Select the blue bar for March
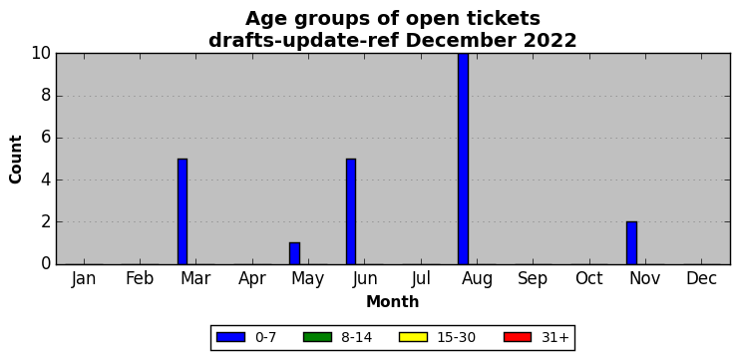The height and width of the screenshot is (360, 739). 183,211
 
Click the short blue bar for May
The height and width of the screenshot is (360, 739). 294,253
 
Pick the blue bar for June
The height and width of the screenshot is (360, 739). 351,211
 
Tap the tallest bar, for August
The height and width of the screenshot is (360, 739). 464,159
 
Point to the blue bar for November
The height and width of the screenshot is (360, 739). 631,243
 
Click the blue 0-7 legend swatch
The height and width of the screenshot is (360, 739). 230,337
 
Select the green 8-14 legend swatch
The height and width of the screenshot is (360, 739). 317,337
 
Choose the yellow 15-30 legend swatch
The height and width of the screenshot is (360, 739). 413,337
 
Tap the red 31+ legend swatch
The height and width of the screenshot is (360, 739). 517,337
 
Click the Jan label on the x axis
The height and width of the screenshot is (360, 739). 84,279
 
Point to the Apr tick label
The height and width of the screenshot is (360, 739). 252,279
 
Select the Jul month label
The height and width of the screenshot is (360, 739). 421,279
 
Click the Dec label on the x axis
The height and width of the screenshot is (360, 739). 701,279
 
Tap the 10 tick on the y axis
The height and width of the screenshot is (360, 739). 41,53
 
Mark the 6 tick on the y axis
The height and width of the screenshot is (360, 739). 46,138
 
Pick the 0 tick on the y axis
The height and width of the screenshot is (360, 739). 46,264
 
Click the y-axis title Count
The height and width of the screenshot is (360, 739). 16,159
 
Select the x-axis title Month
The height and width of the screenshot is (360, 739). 393,301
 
